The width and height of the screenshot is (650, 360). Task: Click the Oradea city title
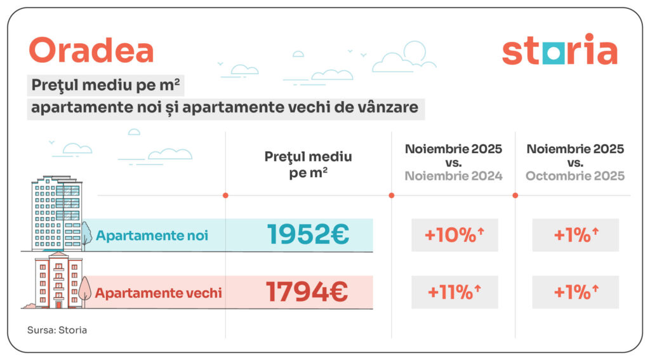[91, 50]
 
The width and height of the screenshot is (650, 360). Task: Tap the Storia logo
[559, 51]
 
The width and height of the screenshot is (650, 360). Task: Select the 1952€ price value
[308, 235]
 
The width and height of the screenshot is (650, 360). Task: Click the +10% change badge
[454, 235]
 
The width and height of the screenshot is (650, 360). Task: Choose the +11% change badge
[454, 293]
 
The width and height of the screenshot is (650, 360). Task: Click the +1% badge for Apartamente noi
[575, 235]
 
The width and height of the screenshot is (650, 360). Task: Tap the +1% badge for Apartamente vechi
[575, 293]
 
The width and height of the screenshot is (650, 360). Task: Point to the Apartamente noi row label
[152, 236]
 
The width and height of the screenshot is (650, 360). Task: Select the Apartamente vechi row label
[158, 293]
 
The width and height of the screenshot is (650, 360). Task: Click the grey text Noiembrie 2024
[453, 176]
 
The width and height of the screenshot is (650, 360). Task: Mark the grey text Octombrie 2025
[575, 176]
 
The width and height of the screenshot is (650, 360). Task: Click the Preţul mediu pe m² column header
[308, 164]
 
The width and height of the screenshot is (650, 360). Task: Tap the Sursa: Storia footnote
[57, 330]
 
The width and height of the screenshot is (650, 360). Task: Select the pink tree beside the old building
[84, 291]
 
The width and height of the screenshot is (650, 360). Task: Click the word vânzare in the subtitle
[388, 107]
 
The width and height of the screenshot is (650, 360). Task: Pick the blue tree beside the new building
[86, 233]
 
